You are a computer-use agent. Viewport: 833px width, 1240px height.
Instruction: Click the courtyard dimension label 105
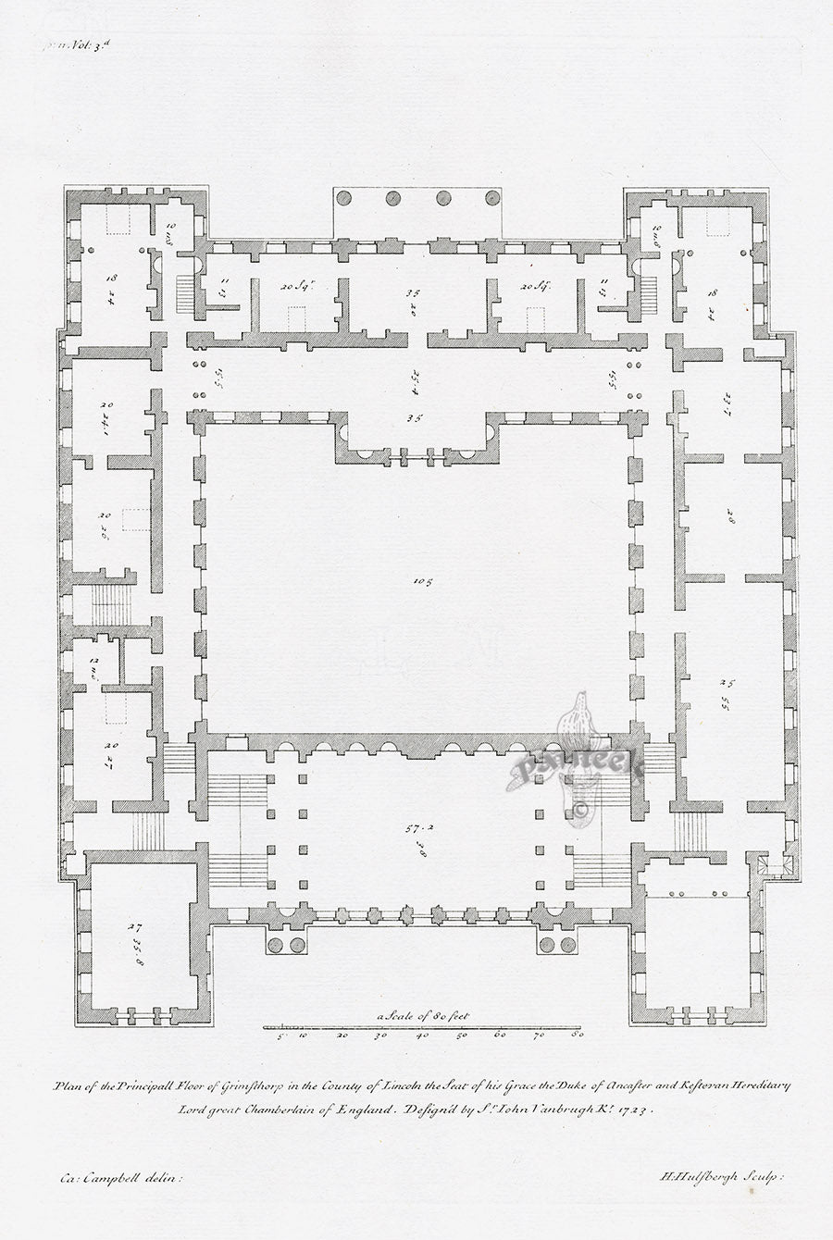424,582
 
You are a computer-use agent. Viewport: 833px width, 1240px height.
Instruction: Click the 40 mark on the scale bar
421,1036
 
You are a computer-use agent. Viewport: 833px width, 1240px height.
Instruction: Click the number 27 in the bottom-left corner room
133,926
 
